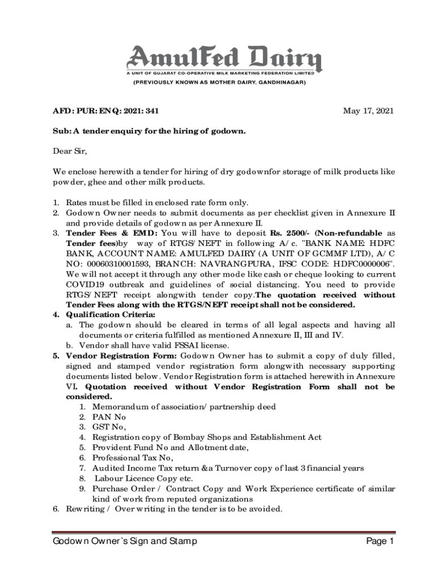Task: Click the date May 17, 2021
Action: (x=369, y=111)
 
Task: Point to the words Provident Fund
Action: (x=121, y=447)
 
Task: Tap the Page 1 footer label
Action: (x=380, y=542)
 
